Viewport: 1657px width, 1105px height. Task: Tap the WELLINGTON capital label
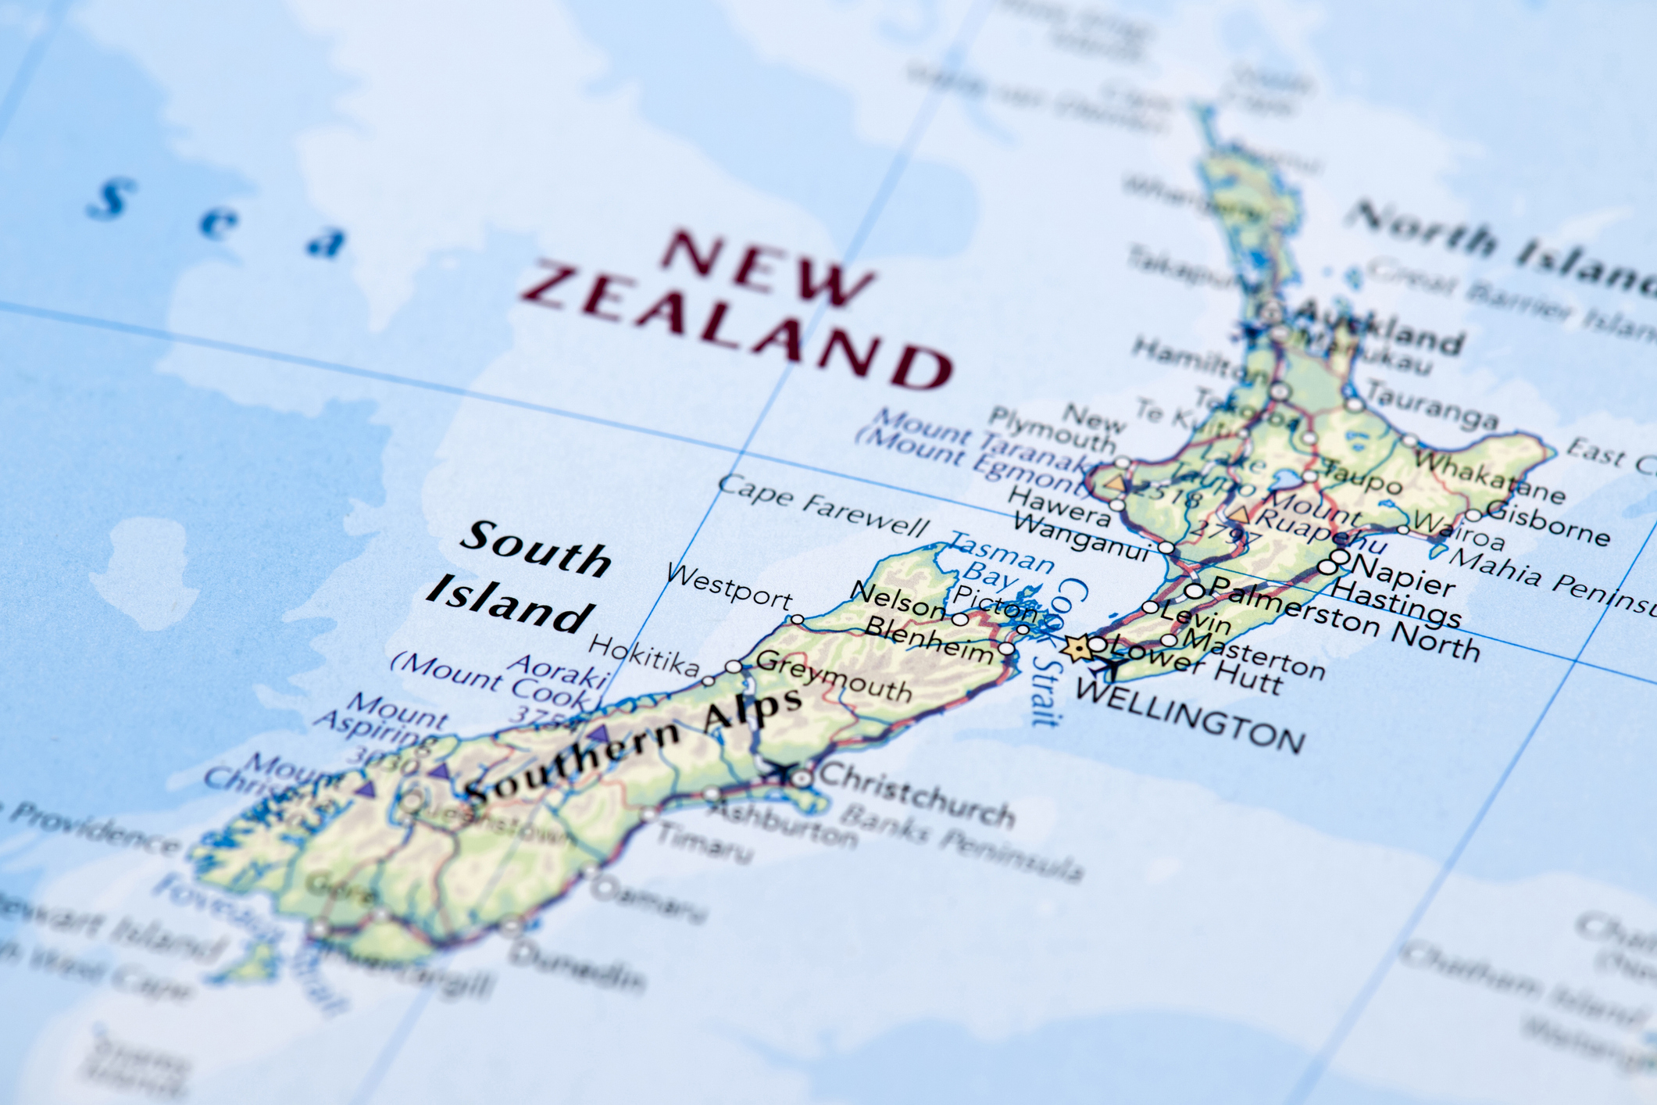click(x=1190, y=714)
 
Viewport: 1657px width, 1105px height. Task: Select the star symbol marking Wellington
click(x=1078, y=648)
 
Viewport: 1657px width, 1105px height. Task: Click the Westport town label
click(x=730, y=586)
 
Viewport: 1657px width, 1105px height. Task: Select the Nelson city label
click(x=897, y=599)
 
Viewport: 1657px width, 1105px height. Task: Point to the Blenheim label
click(x=929, y=638)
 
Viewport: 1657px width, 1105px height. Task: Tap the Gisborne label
click(x=1548, y=523)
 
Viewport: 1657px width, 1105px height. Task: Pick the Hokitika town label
click(x=645, y=655)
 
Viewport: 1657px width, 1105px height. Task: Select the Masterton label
click(x=1254, y=653)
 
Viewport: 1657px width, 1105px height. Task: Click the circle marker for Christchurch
click(x=802, y=778)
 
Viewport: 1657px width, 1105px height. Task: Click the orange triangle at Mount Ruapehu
click(x=1240, y=513)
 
